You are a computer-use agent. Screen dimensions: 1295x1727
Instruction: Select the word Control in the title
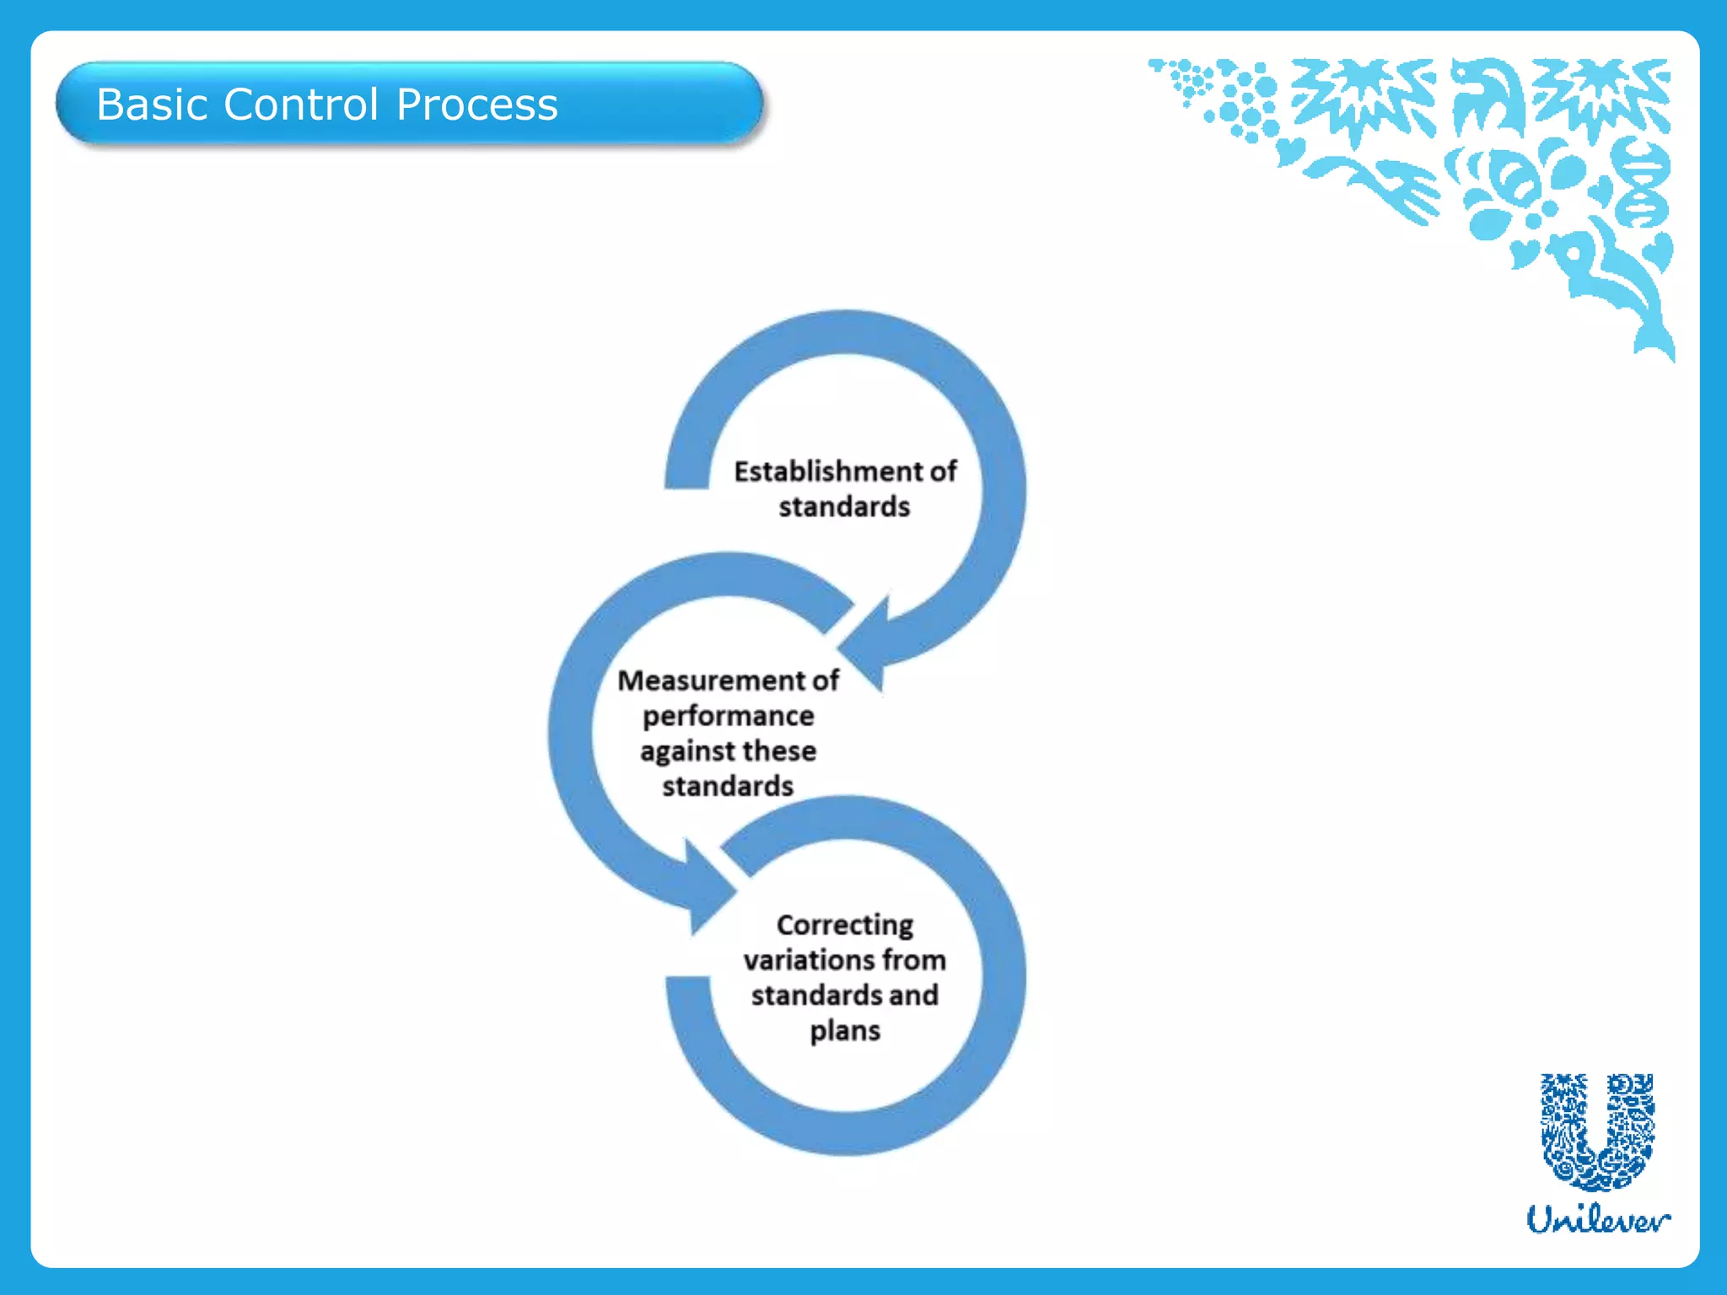point(301,105)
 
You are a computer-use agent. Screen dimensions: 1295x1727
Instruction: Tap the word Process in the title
point(476,105)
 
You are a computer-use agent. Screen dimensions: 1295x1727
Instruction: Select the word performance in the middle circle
point(728,717)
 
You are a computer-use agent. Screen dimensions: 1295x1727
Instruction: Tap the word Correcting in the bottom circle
point(844,925)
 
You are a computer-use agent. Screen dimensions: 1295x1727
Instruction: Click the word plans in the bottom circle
point(844,1031)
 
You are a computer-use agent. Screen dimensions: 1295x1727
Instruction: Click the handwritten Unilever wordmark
point(1597,1219)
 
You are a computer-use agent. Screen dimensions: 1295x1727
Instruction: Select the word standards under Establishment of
point(844,507)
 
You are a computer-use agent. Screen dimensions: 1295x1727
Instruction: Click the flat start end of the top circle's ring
point(686,481)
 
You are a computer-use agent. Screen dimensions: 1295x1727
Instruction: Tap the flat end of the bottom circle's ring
point(688,983)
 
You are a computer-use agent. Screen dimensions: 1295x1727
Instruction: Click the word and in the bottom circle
point(913,996)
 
